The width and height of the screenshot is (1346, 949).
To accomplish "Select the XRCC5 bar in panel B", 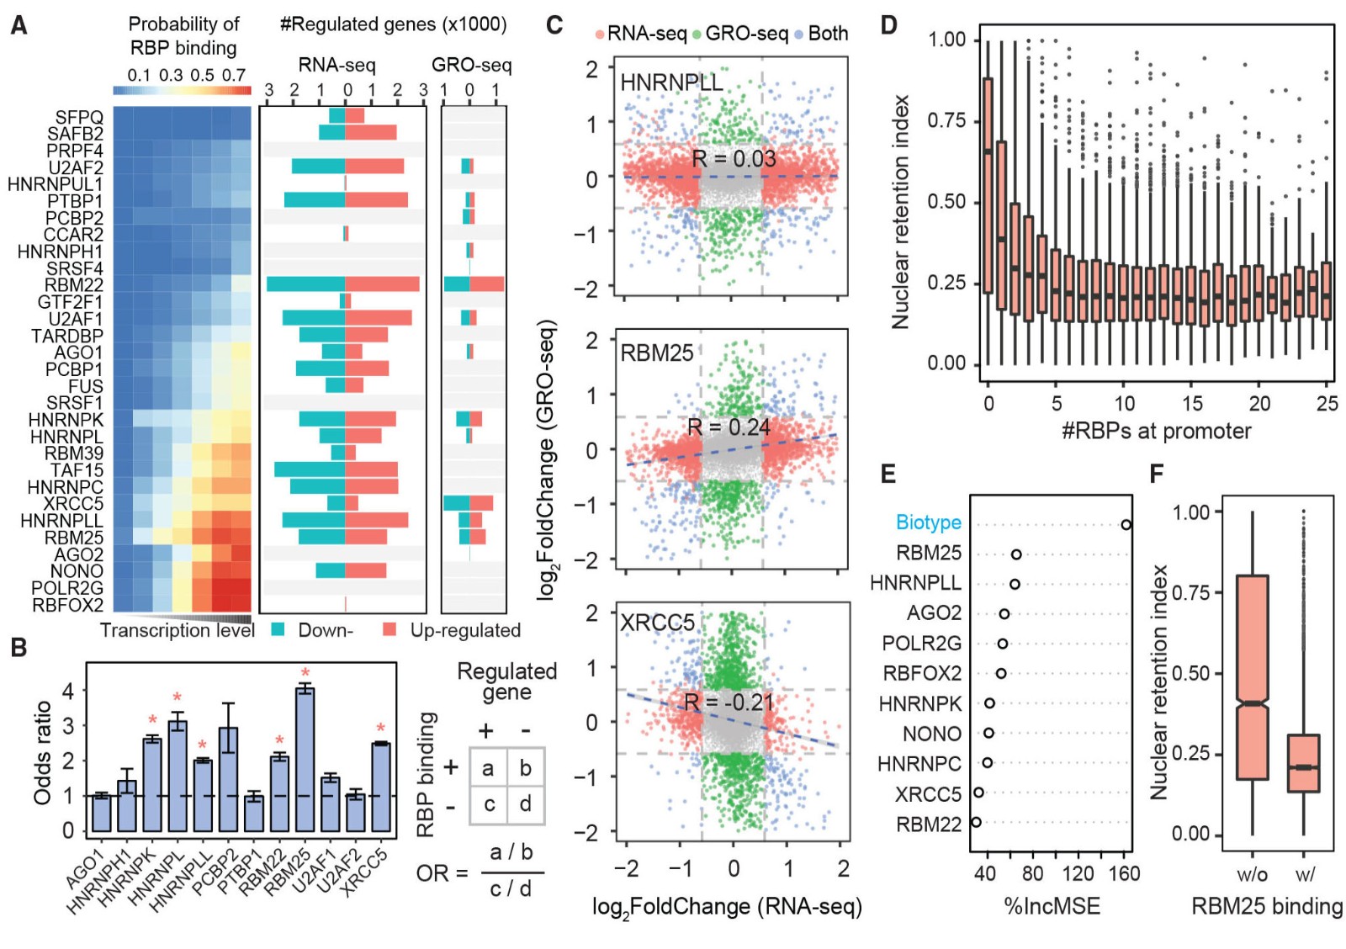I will click(380, 787).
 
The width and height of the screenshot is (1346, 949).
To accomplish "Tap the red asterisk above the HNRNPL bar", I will click(178, 697).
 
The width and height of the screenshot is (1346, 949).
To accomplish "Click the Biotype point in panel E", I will click(1126, 525).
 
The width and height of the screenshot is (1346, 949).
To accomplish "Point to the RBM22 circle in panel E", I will click(976, 822).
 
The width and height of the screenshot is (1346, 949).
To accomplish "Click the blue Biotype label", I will click(928, 522).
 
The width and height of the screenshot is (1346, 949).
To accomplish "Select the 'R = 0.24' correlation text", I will click(729, 427).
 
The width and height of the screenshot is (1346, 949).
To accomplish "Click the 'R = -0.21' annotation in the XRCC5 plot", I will click(729, 702).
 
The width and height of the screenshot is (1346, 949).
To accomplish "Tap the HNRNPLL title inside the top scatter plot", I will click(671, 82).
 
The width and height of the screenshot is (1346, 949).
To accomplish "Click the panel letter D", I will click(888, 24).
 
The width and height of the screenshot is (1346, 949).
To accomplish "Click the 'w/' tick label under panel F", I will click(1305, 874).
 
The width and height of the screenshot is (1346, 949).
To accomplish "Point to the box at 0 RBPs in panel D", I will click(988, 185).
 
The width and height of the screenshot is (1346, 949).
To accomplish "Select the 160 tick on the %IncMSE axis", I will click(1124, 873).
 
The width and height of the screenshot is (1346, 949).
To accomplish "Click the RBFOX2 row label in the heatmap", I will click(68, 605).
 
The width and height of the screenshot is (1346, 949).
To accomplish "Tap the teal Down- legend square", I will click(278, 629).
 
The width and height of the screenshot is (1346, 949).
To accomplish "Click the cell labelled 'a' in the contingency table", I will click(488, 767).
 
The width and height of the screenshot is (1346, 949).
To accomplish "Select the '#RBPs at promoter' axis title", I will click(1156, 431).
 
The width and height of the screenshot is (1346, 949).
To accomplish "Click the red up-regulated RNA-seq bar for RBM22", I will click(382, 284).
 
